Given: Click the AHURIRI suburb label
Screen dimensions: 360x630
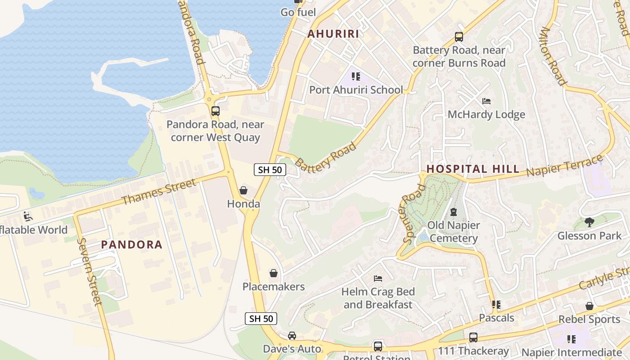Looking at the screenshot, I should click(x=333, y=34).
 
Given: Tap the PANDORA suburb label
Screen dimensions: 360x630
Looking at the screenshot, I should click(x=131, y=245).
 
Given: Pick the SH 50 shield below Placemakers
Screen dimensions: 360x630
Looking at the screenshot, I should click(x=261, y=319).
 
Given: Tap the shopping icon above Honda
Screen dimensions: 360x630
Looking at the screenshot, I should click(x=243, y=190).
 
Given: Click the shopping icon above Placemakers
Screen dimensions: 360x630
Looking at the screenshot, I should click(x=273, y=273).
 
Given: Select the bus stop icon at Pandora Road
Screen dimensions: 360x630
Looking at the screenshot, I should click(x=216, y=111).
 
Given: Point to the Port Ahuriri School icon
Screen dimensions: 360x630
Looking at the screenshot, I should click(x=356, y=76).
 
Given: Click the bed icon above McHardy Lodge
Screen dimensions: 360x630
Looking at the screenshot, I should click(x=486, y=101).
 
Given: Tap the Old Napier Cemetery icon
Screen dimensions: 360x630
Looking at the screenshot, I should click(x=453, y=211).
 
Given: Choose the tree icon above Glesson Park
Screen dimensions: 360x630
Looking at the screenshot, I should click(x=589, y=222).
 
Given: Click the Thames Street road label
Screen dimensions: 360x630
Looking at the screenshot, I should click(x=159, y=191).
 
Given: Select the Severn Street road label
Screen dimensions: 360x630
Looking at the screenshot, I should click(x=90, y=271).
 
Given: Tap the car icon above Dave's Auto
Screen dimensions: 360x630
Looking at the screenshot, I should click(x=292, y=336).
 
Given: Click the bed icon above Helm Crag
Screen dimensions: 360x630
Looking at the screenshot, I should click(x=378, y=279).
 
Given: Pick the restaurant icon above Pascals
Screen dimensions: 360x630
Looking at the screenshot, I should click(x=496, y=305).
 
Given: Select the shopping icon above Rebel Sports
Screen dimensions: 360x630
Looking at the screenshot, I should click(x=589, y=306).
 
